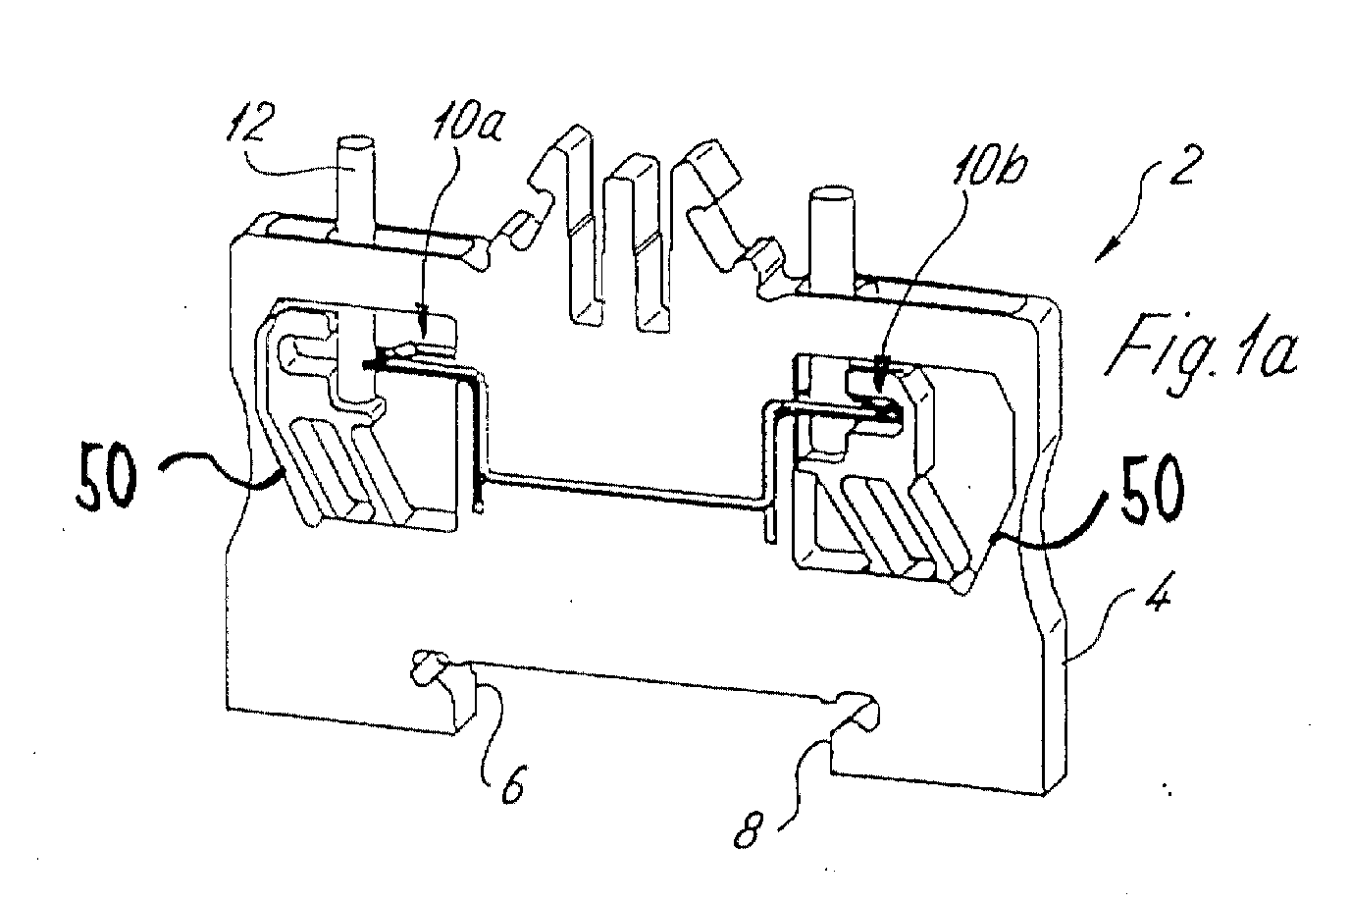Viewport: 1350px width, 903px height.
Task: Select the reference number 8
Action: tap(750, 829)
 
